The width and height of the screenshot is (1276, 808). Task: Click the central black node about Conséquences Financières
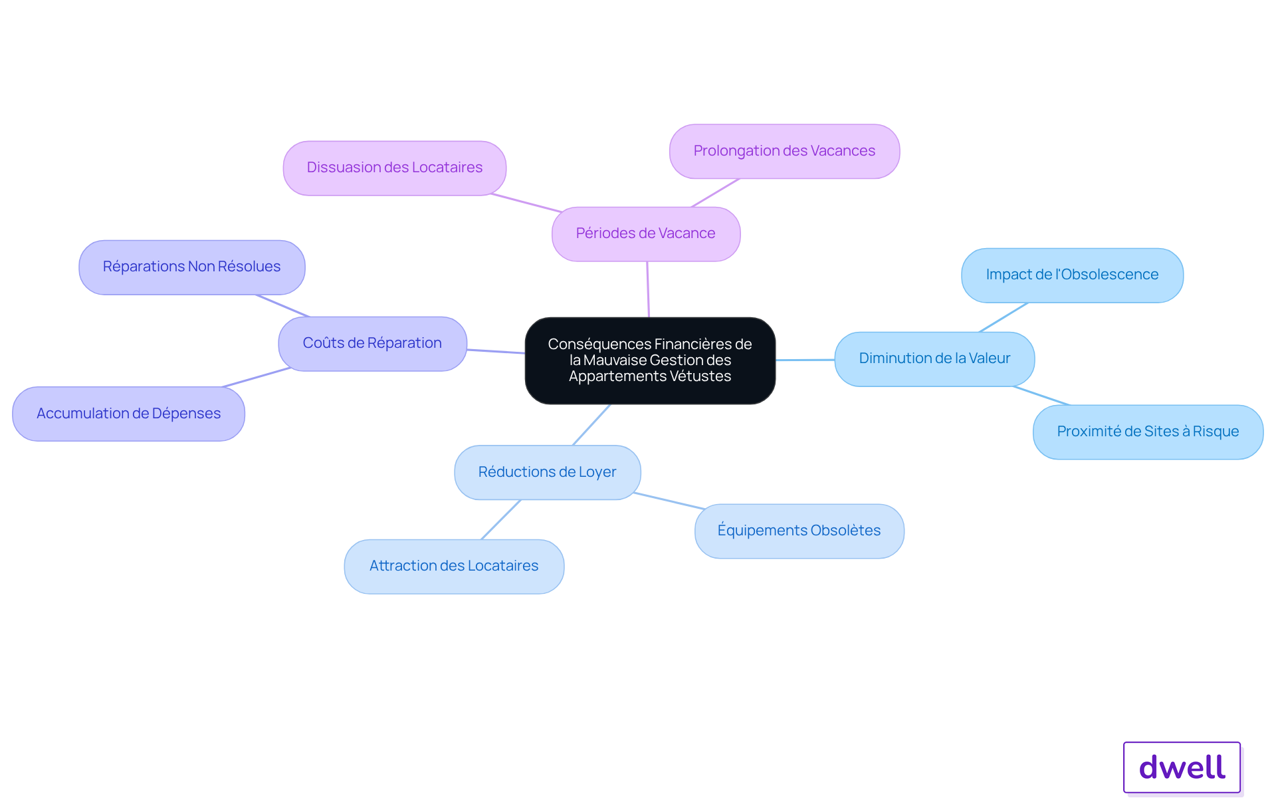650,360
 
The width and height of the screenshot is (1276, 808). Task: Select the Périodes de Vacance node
646,234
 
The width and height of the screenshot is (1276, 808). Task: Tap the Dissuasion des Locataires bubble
395,168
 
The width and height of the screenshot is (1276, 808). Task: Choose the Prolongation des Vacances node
784,152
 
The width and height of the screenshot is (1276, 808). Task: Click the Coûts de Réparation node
372,344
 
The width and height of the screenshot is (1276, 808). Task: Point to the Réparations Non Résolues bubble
192,267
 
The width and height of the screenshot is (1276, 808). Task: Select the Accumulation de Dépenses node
129,414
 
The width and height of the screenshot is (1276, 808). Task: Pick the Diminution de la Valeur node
934,359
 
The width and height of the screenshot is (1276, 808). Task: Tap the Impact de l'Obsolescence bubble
1072,275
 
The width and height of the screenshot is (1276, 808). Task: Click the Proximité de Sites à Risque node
1148,432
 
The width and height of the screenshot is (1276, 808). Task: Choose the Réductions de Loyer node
548,472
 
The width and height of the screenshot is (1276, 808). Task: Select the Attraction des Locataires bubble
454,567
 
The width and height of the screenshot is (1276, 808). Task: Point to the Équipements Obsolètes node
799,531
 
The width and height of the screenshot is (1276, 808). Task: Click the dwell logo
1182,767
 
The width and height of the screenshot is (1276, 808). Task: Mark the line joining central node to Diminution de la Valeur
805,360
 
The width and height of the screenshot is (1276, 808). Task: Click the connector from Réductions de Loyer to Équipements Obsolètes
669,501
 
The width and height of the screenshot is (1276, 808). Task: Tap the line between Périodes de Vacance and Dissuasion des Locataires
526,203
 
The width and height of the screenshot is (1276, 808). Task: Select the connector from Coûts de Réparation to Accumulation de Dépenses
257,377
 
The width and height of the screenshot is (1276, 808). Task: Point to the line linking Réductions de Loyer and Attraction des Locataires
501,519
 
